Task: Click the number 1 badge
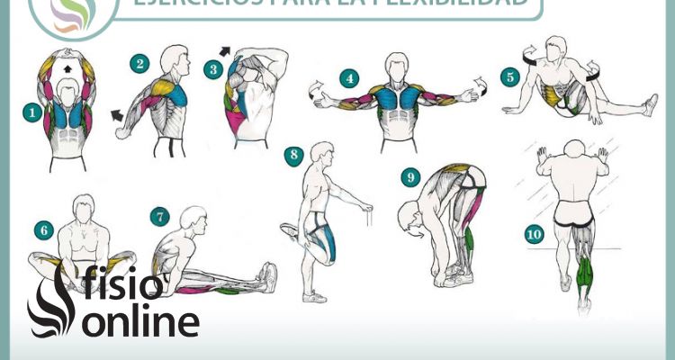click(32, 112)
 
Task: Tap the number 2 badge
click(139, 63)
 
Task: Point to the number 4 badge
click(348, 78)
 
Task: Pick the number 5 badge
click(509, 77)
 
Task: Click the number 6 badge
click(42, 229)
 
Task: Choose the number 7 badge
click(159, 216)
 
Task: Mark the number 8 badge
click(292, 155)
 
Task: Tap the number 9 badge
click(411, 177)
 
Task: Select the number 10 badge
click(534, 234)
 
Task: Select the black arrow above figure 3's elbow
click(224, 51)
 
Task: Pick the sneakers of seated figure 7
click(267, 277)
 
